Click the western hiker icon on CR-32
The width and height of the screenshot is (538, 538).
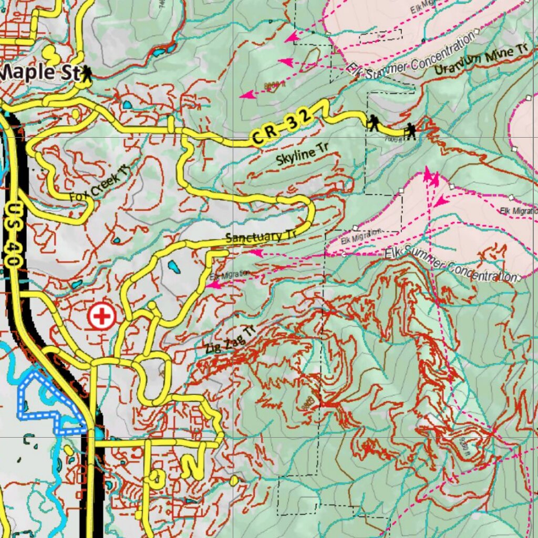373,123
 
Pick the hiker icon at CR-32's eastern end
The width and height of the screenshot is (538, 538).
410,131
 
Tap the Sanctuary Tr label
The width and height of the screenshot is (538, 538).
261,236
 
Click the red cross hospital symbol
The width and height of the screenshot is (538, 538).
101,316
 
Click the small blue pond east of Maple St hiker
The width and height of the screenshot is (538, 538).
127,105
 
